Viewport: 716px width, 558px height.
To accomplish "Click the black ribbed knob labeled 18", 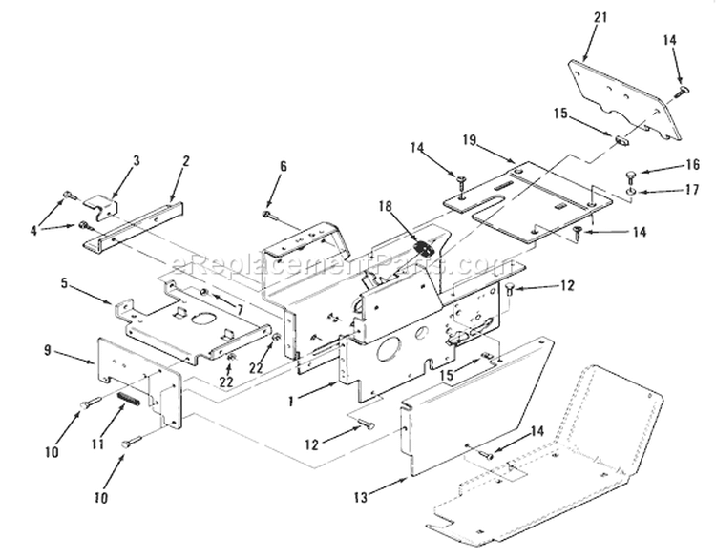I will click(425, 249).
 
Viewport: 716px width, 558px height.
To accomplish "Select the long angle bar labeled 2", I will click(134, 224).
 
